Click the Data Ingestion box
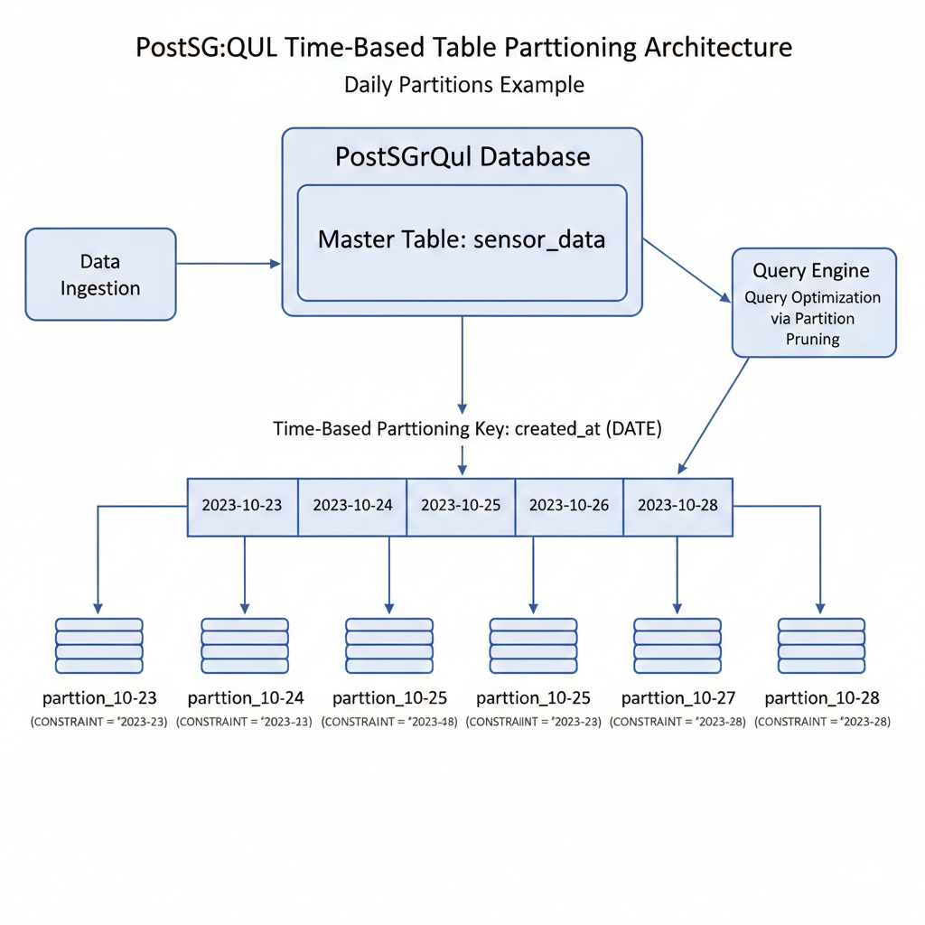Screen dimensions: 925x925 100,275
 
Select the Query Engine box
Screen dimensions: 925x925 813,302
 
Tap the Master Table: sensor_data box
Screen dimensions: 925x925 462,242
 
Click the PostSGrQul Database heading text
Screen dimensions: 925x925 462,156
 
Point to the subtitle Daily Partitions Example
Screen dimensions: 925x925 463,85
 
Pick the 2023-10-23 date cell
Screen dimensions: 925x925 242,506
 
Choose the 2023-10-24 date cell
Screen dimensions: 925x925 352,506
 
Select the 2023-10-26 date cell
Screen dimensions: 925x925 569,506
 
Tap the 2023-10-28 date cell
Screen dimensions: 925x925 677,506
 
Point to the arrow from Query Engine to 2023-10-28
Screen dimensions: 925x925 714,416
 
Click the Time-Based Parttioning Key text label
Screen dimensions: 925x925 467,429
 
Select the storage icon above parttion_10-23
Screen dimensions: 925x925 99,645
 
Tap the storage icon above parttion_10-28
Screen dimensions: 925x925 821,645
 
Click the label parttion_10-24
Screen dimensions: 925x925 245,698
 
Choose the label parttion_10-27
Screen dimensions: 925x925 678,698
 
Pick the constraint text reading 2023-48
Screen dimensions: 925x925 389,722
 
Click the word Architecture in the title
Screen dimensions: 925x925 718,48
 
